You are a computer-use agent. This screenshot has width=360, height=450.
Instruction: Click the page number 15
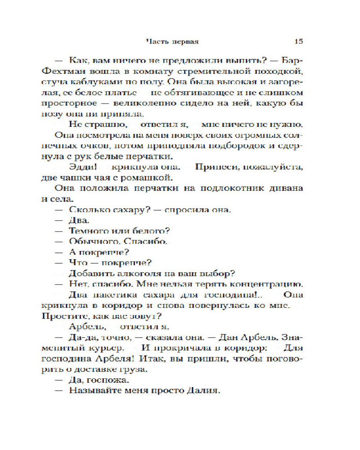point(298,41)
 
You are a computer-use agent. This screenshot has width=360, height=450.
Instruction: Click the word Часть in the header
point(155,41)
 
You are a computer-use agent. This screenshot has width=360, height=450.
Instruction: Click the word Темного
point(86,232)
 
